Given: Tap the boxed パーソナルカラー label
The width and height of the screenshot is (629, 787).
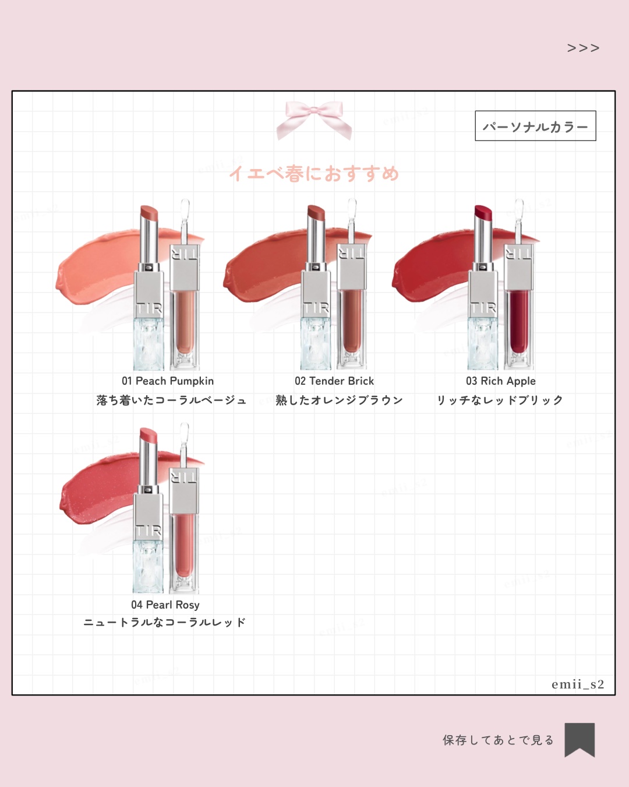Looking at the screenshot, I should point(535,127).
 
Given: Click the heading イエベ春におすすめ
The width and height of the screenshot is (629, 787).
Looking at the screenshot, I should point(314,173).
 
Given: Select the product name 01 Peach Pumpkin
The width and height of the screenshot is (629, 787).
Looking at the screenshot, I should point(168,381).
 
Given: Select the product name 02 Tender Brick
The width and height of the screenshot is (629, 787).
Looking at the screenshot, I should point(334,381).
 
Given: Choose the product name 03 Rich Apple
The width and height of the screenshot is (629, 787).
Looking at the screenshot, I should point(501,381).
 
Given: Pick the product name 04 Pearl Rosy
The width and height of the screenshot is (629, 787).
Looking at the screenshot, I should point(165,605).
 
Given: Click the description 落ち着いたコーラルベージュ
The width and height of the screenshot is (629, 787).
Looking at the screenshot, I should point(171,400).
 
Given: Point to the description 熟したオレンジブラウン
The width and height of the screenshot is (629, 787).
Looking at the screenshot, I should point(339,400).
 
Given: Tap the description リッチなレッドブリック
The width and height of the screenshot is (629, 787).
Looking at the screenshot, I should point(500,400).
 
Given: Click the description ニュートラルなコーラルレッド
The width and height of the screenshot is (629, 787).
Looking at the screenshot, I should point(164,623).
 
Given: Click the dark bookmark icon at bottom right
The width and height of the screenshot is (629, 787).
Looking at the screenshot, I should point(579,739).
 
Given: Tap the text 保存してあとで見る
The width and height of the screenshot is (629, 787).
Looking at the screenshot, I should point(498,740).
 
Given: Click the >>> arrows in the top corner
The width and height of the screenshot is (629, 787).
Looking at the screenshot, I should point(583,48).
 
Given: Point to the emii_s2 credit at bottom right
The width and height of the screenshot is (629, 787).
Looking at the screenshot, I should point(578,684).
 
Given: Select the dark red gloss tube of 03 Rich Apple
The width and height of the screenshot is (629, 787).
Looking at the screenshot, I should point(518,321).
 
